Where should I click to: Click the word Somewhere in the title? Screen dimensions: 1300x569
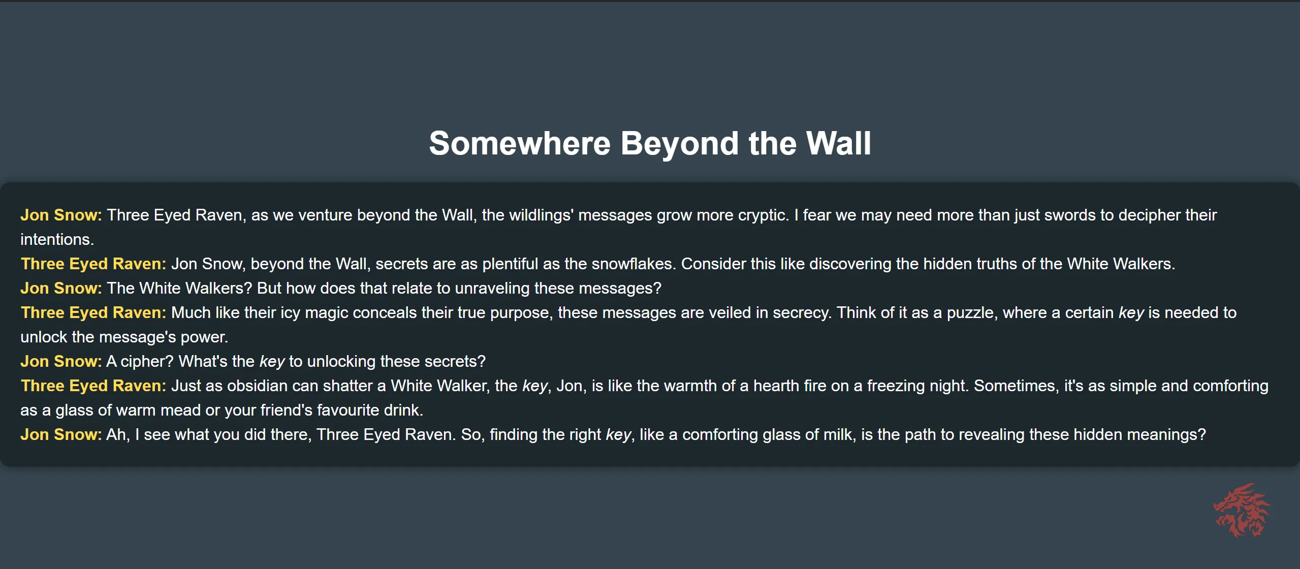click(x=519, y=143)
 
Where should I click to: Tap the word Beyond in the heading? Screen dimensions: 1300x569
click(x=680, y=143)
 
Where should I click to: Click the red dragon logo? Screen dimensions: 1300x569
click(x=1242, y=510)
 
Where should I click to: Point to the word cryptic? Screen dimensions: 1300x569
click(x=764, y=215)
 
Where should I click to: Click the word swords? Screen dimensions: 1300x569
click(x=1070, y=215)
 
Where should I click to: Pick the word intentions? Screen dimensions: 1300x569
click(x=57, y=239)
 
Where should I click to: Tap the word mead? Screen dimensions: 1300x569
click(x=182, y=410)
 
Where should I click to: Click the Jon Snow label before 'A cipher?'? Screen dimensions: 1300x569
click(x=61, y=361)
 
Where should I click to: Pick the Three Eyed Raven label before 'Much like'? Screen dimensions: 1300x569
click(x=93, y=313)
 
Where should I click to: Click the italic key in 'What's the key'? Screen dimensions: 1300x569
click(x=272, y=362)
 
